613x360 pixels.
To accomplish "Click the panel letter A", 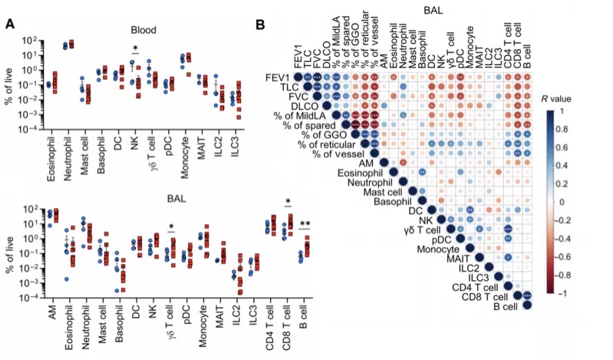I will [x=10, y=24].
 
